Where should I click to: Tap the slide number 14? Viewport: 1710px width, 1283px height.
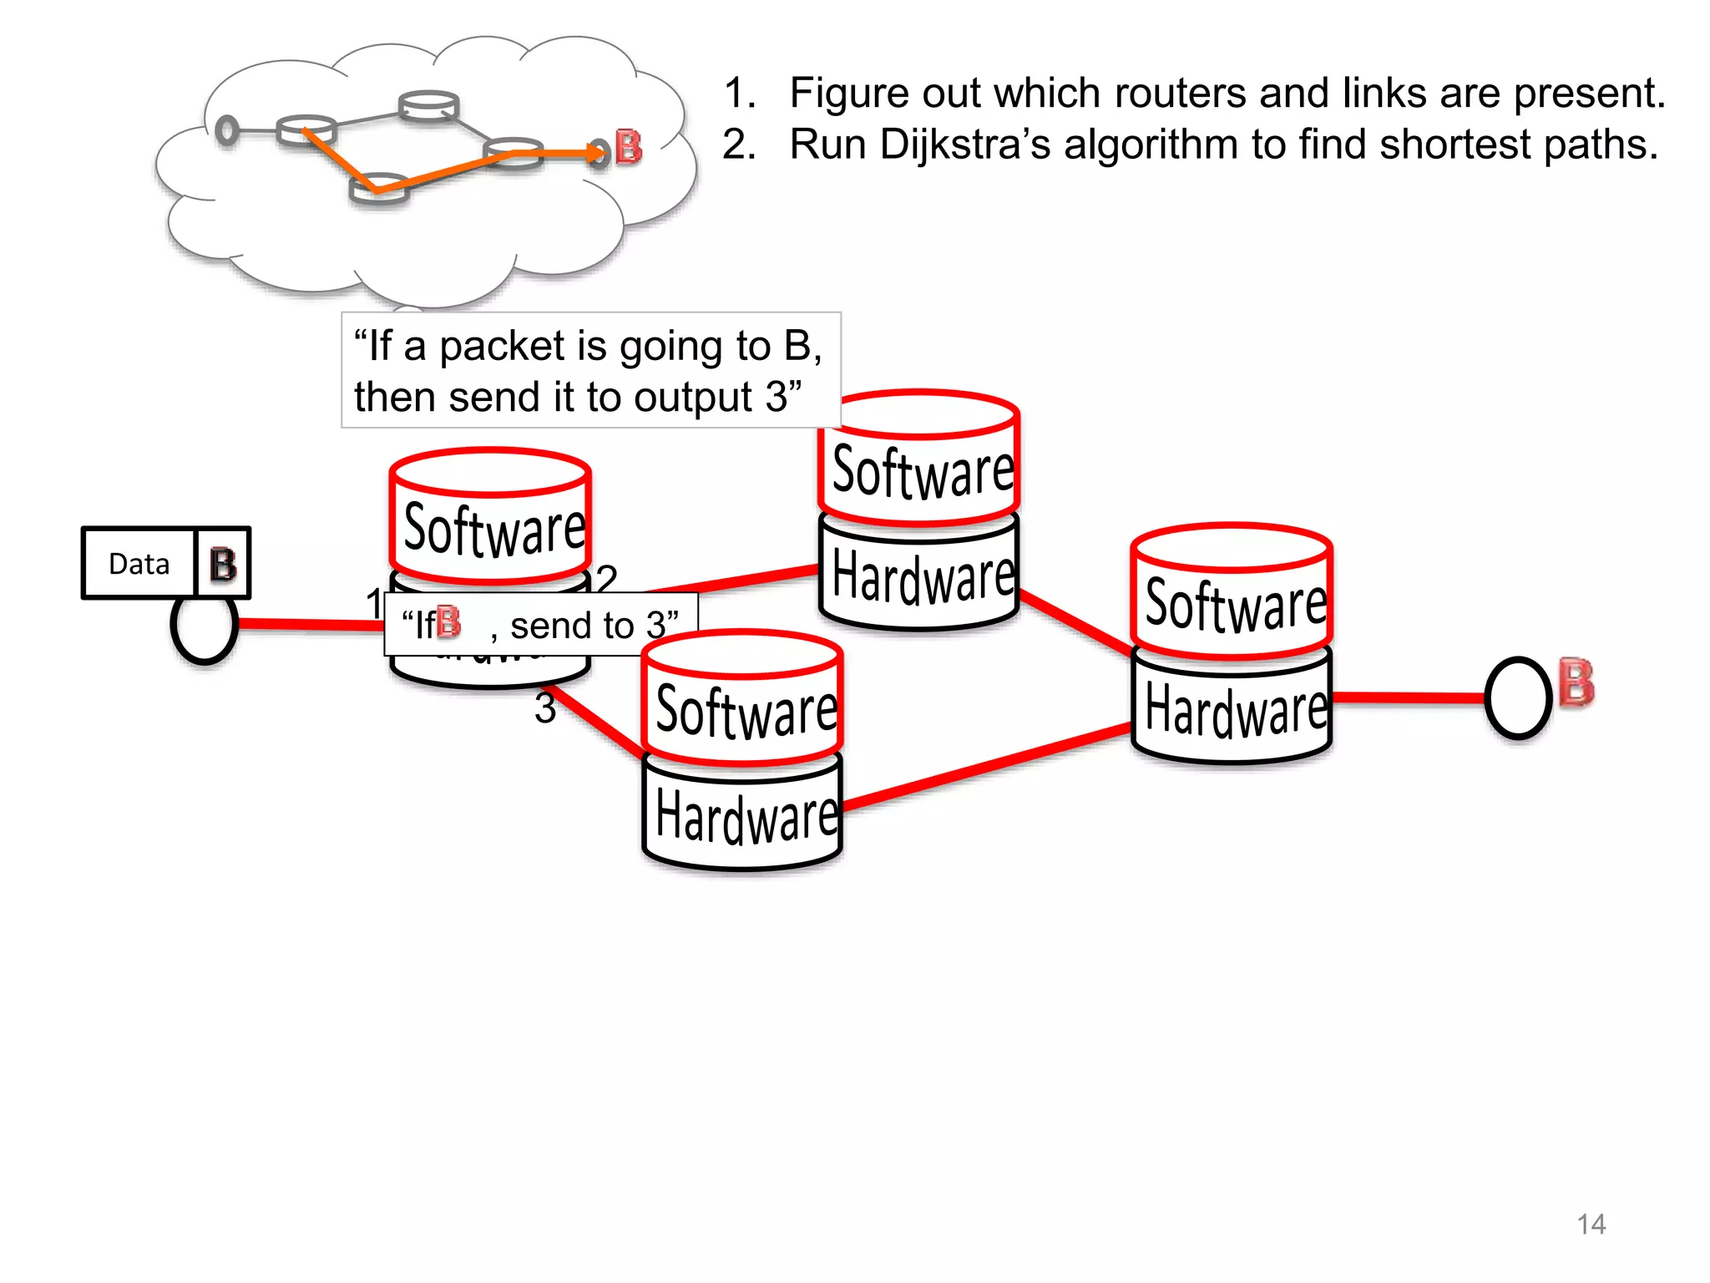pyautogui.click(x=1591, y=1224)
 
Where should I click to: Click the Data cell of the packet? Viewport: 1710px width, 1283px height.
pyautogui.click(x=139, y=564)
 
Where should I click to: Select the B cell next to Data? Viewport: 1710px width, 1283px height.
pyautogui.click(x=223, y=564)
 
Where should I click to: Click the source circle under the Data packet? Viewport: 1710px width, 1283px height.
pyautogui.click(x=205, y=626)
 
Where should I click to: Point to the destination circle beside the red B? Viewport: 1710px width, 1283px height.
pyautogui.click(x=1518, y=698)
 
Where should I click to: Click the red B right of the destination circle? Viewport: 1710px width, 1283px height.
pyautogui.click(x=1576, y=683)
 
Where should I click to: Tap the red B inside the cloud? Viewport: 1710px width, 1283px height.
pyautogui.click(x=629, y=148)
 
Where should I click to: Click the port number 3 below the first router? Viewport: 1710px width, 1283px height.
pyautogui.click(x=544, y=709)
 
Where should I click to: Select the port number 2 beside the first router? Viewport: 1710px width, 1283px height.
pyautogui.click(x=606, y=577)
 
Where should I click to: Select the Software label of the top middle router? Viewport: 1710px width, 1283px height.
pyautogui.click(x=923, y=472)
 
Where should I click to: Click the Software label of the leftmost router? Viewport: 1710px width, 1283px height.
pyautogui.click(x=494, y=529)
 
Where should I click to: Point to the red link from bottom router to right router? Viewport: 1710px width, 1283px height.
pyautogui.click(x=985, y=768)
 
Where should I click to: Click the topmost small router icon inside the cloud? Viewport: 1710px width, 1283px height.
pyautogui.click(x=428, y=105)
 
